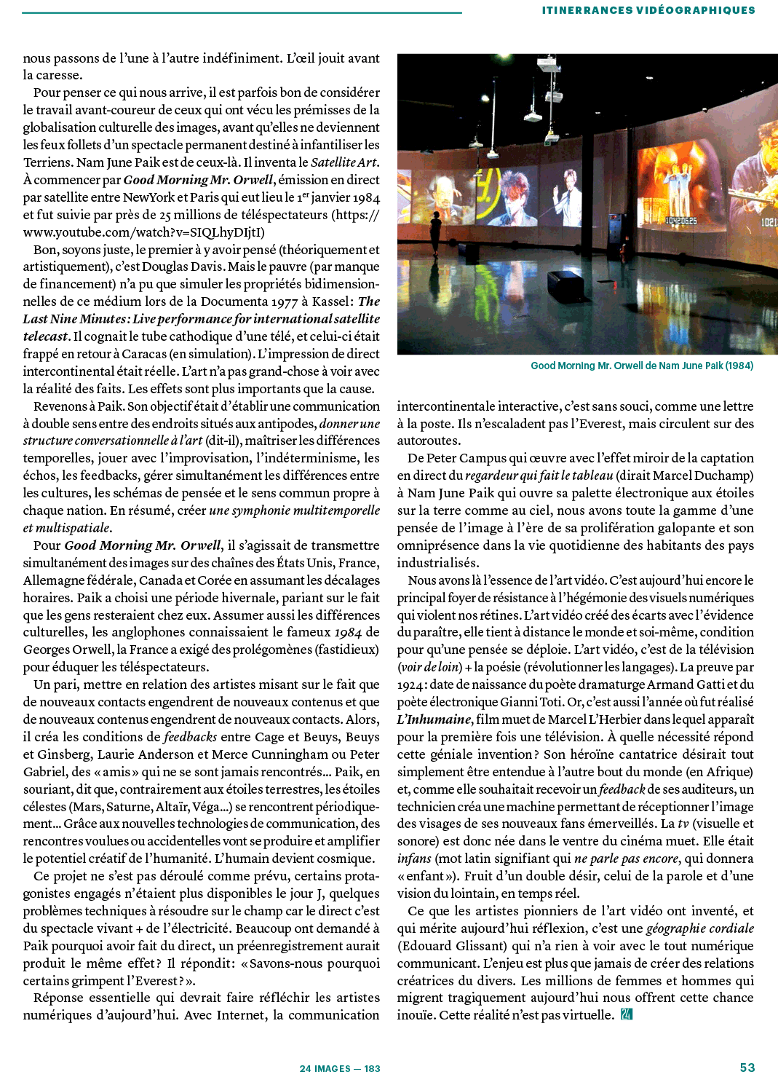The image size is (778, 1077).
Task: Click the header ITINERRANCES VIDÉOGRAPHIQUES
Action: pyautogui.click(x=648, y=10)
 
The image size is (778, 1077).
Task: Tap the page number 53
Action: pyautogui.click(x=747, y=1067)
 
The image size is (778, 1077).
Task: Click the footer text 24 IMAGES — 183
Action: pyautogui.click(x=340, y=1068)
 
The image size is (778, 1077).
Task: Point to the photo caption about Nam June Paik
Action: pyautogui.click(x=642, y=366)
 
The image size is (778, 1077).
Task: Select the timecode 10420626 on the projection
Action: pyautogui.click(x=681, y=220)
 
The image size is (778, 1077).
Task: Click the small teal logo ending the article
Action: pyautogui.click(x=626, y=1014)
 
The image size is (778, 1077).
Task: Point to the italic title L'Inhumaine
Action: pyautogui.click(x=434, y=719)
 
